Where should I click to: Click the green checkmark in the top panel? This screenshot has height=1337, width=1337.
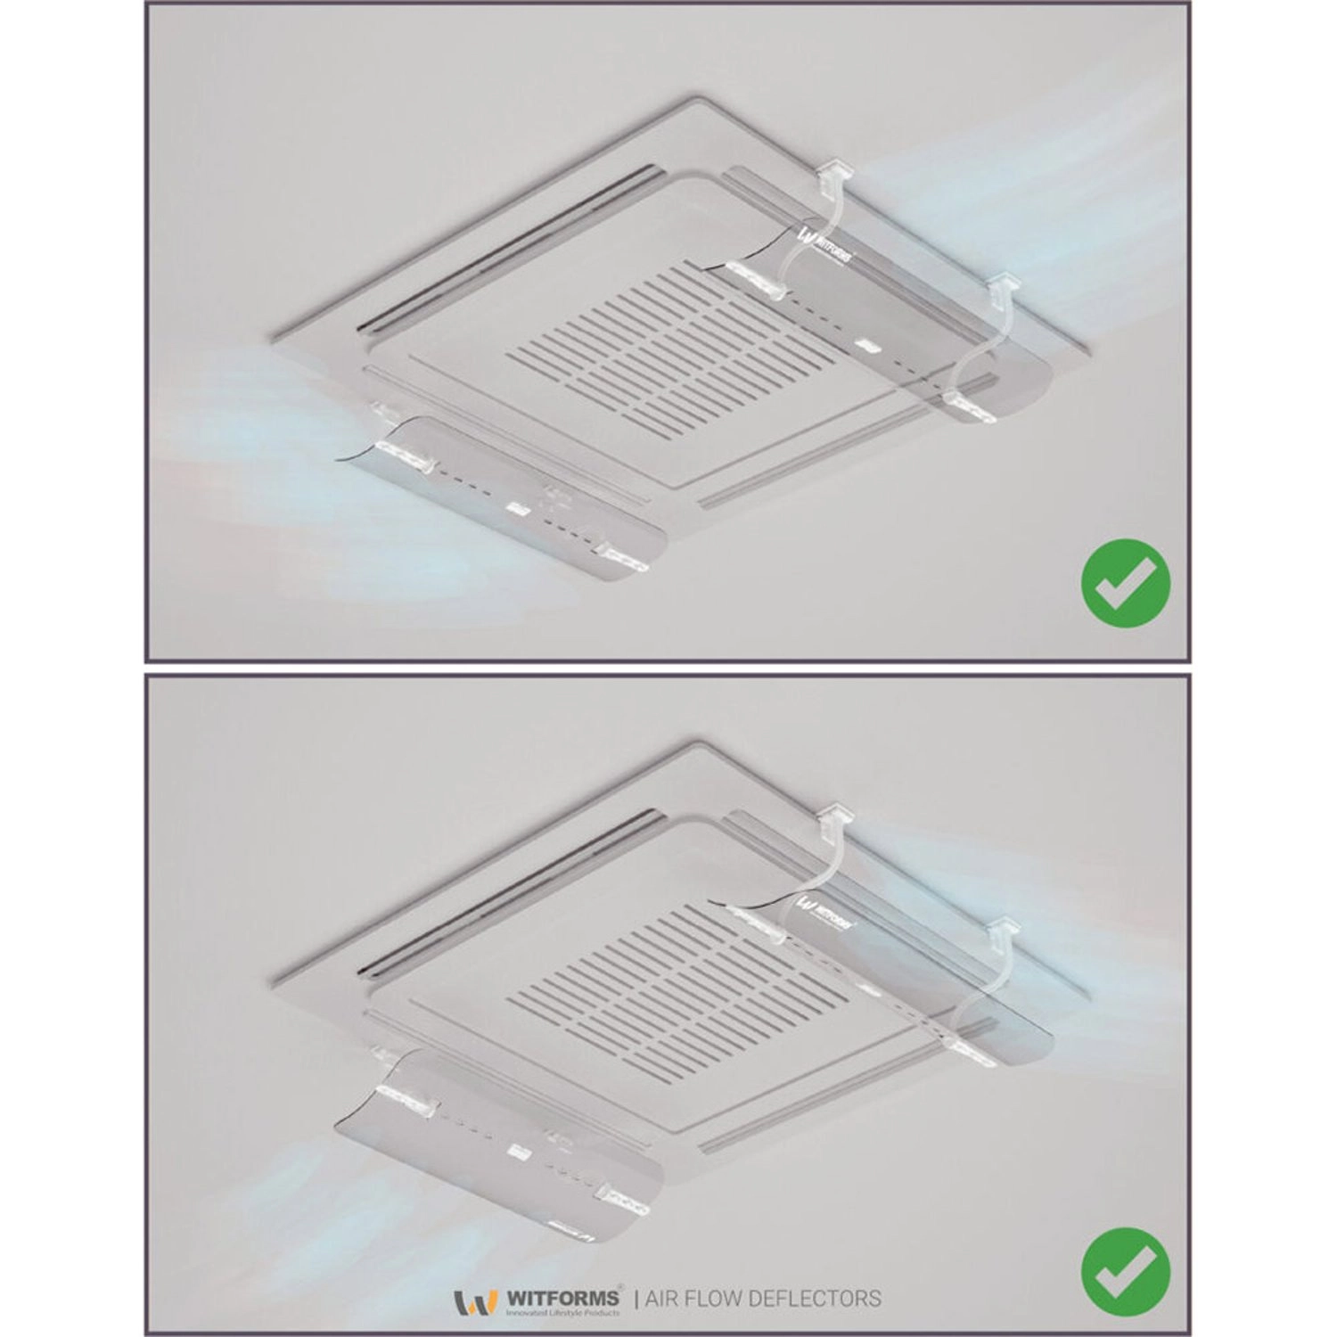pyautogui.click(x=1125, y=583)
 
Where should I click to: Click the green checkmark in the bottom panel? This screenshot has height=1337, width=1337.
pyautogui.click(x=1125, y=1271)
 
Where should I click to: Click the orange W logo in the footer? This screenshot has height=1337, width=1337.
pyautogui.click(x=475, y=1302)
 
